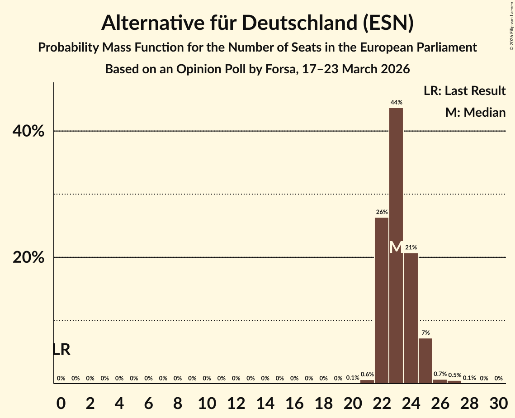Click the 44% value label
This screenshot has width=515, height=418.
(x=397, y=103)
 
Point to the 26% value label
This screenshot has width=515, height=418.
(x=382, y=212)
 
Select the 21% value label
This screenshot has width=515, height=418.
(x=411, y=247)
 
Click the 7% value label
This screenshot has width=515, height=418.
(x=425, y=333)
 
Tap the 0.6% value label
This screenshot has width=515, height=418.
(x=367, y=374)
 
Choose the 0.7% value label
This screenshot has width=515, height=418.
(x=440, y=374)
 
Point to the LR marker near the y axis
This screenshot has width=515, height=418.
(x=61, y=350)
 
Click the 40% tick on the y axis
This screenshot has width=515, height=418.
(x=28, y=132)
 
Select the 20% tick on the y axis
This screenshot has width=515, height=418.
(x=28, y=258)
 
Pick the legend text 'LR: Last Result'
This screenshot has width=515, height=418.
(x=464, y=91)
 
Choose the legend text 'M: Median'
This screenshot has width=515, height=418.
(x=475, y=113)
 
